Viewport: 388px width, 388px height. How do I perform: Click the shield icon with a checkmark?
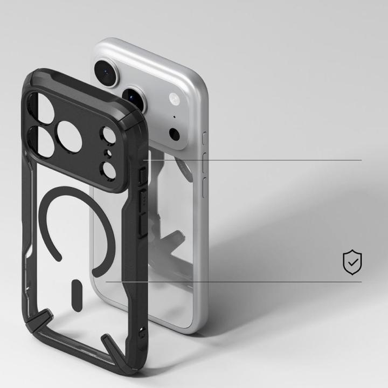click(352, 261)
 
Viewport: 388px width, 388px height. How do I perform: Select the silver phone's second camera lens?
click(134, 98)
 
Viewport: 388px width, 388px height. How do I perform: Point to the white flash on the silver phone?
click(174, 99)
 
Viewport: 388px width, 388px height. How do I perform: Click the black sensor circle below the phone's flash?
click(174, 134)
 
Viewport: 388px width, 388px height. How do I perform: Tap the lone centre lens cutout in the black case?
click(70, 135)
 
